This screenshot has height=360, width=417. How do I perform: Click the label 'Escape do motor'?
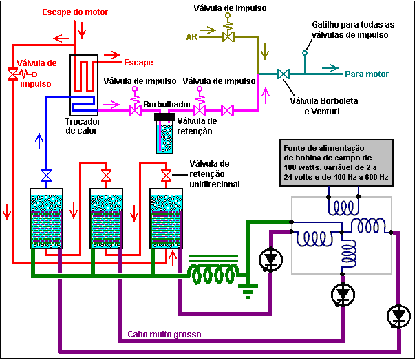tap(75, 12)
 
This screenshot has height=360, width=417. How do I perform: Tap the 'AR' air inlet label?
tap(192, 36)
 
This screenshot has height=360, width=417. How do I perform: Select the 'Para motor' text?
tap(367, 74)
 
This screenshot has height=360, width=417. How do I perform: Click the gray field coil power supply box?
tap(336, 162)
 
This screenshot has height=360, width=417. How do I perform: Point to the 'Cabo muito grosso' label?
tap(164, 335)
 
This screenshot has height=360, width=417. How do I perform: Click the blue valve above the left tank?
tap(46, 175)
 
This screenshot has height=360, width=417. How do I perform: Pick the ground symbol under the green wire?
tap(248, 290)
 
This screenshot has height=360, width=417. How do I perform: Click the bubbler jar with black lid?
tap(164, 134)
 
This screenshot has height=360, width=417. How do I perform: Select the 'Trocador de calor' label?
tap(83, 126)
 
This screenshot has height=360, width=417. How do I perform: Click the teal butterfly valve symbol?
tap(284, 74)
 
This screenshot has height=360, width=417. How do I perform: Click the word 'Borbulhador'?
tap(167, 105)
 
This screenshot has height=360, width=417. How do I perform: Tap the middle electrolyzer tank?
tap(107, 218)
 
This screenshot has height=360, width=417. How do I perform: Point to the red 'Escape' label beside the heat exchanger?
tap(138, 63)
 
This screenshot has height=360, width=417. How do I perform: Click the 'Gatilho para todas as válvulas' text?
tap(353, 30)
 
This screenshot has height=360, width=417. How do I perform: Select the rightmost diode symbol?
tap(398, 317)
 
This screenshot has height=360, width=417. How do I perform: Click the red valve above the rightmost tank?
tap(167, 175)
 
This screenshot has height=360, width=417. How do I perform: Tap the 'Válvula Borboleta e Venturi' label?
tap(324, 106)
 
